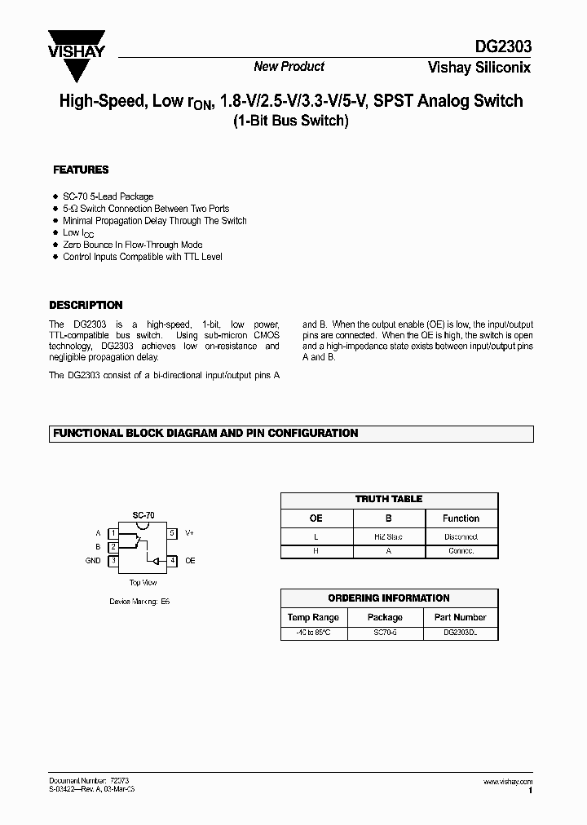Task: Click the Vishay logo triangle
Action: [x=77, y=51]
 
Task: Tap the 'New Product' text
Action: [x=289, y=67]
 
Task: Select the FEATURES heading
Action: [x=81, y=170]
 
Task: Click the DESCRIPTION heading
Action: [x=86, y=305]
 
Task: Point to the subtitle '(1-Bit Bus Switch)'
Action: [x=290, y=121]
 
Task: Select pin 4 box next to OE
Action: [x=172, y=561]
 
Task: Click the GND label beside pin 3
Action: [x=93, y=561]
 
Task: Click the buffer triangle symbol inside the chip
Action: [x=152, y=561]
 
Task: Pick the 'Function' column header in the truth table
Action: [x=461, y=518]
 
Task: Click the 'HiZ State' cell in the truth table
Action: [x=388, y=536]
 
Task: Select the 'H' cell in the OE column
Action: [x=316, y=551]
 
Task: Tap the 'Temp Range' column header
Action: [x=315, y=617]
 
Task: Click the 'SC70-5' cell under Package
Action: [x=385, y=633]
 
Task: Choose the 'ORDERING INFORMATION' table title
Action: [x=389, y=598]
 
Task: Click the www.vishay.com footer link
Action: [x=507, y=782]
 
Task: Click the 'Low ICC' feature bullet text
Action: [x=73, y=233]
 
